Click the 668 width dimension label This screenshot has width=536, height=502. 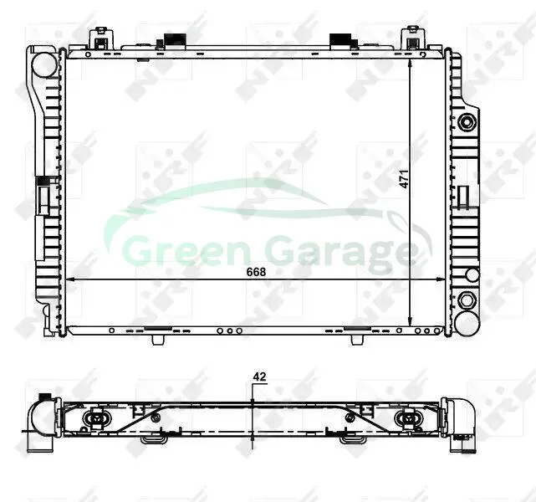click(x=256, y=272)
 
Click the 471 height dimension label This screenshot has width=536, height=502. click(x=405, y=178)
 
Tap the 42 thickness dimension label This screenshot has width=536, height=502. click(x=259, y=376)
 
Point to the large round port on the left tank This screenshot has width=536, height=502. click(x=44, y=64)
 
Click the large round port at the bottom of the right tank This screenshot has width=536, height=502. click(x=467, y=324)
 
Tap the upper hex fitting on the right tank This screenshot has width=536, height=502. click(x=467, y=122)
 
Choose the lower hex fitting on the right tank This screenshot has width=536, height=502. click(x=467, y=300)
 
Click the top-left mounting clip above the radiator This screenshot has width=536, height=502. click(x=101, y=39)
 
